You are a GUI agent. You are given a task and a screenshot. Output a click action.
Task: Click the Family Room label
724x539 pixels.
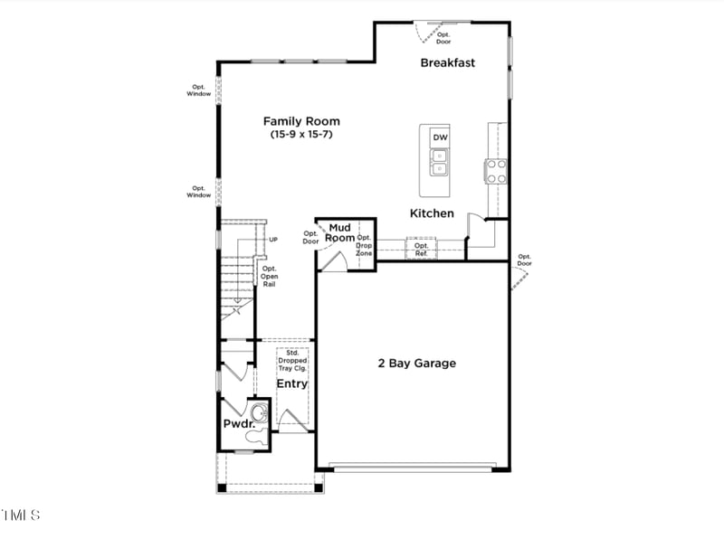(301, 120)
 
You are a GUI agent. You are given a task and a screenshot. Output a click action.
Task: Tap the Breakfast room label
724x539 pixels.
(447, 62)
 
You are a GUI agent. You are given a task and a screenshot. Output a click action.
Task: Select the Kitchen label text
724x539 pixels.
(432, 213)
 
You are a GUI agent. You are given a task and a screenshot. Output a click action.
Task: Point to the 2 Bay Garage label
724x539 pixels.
(416, 364)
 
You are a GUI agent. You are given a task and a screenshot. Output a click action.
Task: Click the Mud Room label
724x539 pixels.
(339, 232)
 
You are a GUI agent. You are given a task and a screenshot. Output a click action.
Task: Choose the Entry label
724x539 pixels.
(291, 383)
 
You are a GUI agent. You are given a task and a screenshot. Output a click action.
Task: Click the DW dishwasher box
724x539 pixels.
(440, 137)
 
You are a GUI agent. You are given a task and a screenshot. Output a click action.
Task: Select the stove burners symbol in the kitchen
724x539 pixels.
(496, 171)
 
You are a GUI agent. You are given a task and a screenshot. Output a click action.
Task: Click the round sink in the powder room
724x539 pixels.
(259, 414)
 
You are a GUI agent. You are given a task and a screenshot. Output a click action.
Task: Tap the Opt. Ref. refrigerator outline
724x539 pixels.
(421, 249)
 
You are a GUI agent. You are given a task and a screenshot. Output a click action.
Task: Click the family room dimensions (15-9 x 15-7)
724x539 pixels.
(301, 134)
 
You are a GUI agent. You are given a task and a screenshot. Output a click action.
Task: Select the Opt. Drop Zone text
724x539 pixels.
(364, 245)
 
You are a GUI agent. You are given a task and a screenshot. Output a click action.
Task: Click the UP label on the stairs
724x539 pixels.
(272, 240)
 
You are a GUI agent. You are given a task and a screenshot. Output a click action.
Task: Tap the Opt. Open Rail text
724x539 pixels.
(269, 276)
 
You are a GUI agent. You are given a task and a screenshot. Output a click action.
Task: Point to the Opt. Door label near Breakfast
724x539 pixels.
(443, 38)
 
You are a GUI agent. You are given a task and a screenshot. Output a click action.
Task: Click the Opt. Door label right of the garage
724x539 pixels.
(524, 260)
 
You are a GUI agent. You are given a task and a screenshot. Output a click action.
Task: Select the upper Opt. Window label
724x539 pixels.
(199, 90)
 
